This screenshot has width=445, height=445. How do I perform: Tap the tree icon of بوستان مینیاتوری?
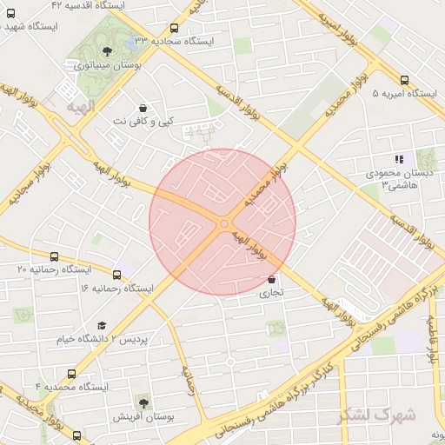click(x=107, y=51)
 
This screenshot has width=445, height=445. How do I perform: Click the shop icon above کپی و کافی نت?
click(x=143, y=109)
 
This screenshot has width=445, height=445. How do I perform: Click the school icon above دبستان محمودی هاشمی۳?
click(x=399, y=159)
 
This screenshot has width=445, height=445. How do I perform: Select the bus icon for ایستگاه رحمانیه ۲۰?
click(x=56, y=257)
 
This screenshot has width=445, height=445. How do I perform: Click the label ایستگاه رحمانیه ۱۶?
click(x=116, y=287)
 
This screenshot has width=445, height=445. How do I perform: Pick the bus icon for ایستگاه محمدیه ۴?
click(x=71, y=374)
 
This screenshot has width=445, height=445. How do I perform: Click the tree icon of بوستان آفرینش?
click(x=143, y=402)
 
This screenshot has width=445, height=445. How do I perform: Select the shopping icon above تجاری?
click(x=273, y=280)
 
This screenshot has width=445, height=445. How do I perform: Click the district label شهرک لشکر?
click(x=376, y=415)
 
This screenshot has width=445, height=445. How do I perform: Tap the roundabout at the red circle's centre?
click(x=223, y=224)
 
